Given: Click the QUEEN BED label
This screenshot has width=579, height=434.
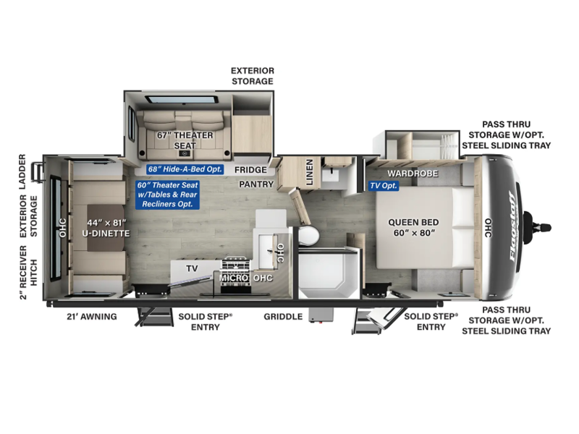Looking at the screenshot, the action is (x=413, y=227).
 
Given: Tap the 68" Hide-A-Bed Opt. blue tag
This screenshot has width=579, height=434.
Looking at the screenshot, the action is (x=185, y=169).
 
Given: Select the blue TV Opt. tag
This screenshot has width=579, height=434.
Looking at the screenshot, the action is (x=384, y=186).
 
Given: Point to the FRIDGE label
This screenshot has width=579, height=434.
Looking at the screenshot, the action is (x=250, y=170).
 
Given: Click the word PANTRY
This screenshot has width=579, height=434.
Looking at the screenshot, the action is (x=256, y=184).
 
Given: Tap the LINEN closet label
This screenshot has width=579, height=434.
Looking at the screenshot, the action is (x=310, y=172).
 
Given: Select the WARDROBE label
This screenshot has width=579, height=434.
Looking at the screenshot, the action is (x=413, y=174).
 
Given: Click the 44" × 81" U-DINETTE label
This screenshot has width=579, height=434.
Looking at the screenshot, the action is (x=106, y=228).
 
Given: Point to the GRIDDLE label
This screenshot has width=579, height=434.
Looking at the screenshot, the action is (x=283, y=317).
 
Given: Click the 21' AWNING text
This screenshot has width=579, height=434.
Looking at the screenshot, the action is (x=92, y=317).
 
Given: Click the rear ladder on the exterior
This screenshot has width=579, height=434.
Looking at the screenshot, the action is (x=38, y=172).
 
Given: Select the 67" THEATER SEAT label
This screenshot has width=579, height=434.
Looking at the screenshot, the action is (x=185, y=140).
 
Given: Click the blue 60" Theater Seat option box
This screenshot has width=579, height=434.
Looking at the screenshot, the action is (x=167, y=195).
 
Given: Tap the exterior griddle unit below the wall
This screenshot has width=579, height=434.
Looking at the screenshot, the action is (x=321, y=315).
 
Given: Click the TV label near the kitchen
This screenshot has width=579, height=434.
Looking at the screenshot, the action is (x=192, y=268).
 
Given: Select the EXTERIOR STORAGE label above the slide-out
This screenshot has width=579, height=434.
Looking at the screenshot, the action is (x=253, y=76).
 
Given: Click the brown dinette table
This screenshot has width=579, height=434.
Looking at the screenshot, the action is (x=105, y=228).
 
